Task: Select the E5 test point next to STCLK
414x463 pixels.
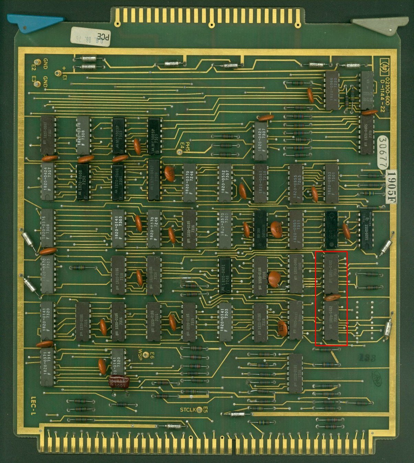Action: pos(199,409)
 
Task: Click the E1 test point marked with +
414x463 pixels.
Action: pos(58,73)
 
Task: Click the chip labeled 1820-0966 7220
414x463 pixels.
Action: pos(332,91)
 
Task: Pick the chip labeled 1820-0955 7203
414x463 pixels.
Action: pos(296,183)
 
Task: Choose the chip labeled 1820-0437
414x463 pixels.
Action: pos(154,180)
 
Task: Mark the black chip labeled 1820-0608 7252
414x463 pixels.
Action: pos(83,182)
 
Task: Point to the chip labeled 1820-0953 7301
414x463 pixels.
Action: pos(332,183)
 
